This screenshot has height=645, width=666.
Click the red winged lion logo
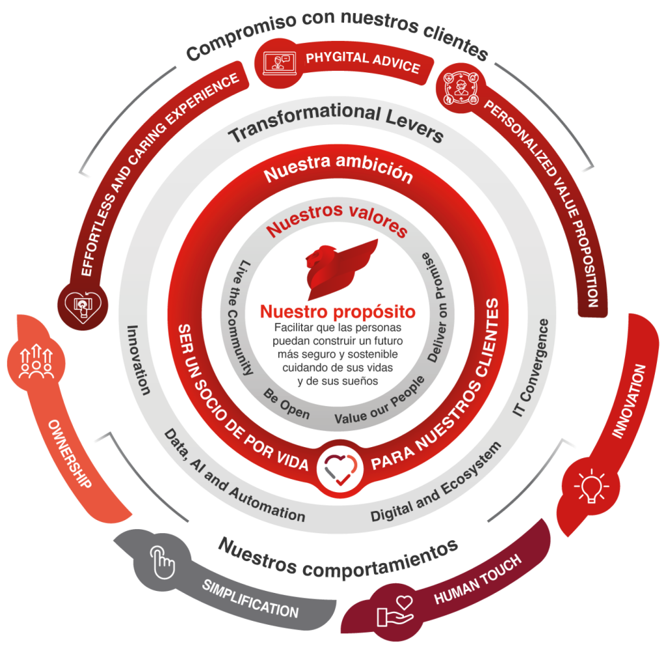(x=340, y=269)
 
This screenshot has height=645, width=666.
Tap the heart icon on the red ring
(x=340, y=469)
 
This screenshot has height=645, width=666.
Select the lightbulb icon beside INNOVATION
(x=591, y=486)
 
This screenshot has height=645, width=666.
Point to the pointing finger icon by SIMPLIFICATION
(x=162, y=562)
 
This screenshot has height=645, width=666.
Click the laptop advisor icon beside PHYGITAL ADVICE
(x=278, y=63)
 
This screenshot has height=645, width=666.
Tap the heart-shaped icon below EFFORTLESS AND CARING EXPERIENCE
(x=83, y=305)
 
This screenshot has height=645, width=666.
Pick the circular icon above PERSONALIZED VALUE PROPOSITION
(x=460, y=89)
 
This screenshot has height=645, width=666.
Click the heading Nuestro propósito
(x=338, y=312)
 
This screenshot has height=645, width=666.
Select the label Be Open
(x=286, y=404)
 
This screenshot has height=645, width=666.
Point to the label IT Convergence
(x=531, y=368)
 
